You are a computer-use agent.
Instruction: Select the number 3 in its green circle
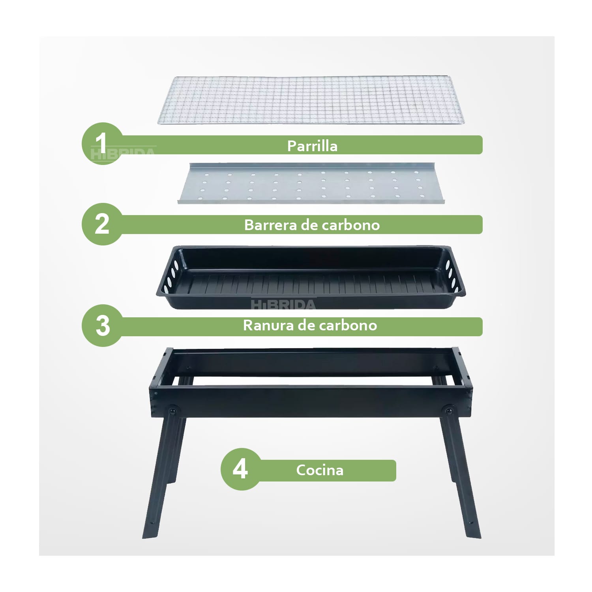pyautogui.click(x=103, y=326)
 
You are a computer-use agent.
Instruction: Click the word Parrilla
pyautogui.click(x=312, y=146)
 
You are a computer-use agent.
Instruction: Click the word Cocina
pyautogui.click(x=320, y=470)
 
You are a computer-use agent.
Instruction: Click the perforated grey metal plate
pyautogui.click(x=311, y=183)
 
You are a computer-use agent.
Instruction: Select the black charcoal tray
pyautogui.click(x=311, y=277)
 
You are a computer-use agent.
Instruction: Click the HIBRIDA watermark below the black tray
pyautogui.click(x=283, y=304)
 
